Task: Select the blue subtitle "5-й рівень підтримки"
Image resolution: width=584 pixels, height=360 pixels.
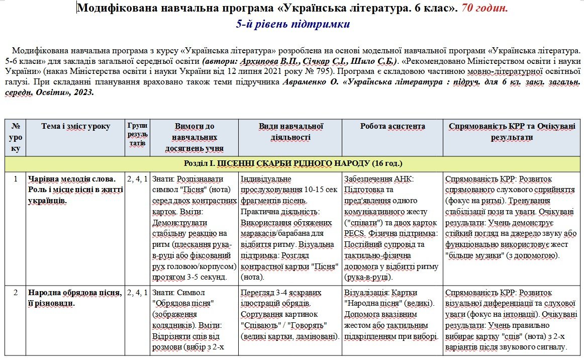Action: coord(293,25)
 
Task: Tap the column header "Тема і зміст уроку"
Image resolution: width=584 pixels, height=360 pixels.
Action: coord(76,127)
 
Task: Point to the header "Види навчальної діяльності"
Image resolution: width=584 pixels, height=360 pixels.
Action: coord(291,132)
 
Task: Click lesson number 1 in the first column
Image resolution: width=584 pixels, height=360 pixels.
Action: coord(15,178)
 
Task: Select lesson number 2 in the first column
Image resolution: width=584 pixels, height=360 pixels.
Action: coord(15,292)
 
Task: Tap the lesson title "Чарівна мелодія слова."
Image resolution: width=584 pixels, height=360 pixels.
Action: coord(72,178)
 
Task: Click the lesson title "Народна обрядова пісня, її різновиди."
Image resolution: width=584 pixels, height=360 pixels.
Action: coord(75,297)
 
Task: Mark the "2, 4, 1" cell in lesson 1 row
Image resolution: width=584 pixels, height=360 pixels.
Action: coord(137,178)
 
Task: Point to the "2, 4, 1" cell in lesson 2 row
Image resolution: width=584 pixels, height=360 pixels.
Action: coord(137,292)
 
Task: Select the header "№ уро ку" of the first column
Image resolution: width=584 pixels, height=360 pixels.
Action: coord(15,137)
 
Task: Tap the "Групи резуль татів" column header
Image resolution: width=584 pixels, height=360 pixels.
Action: coord(137,134)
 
